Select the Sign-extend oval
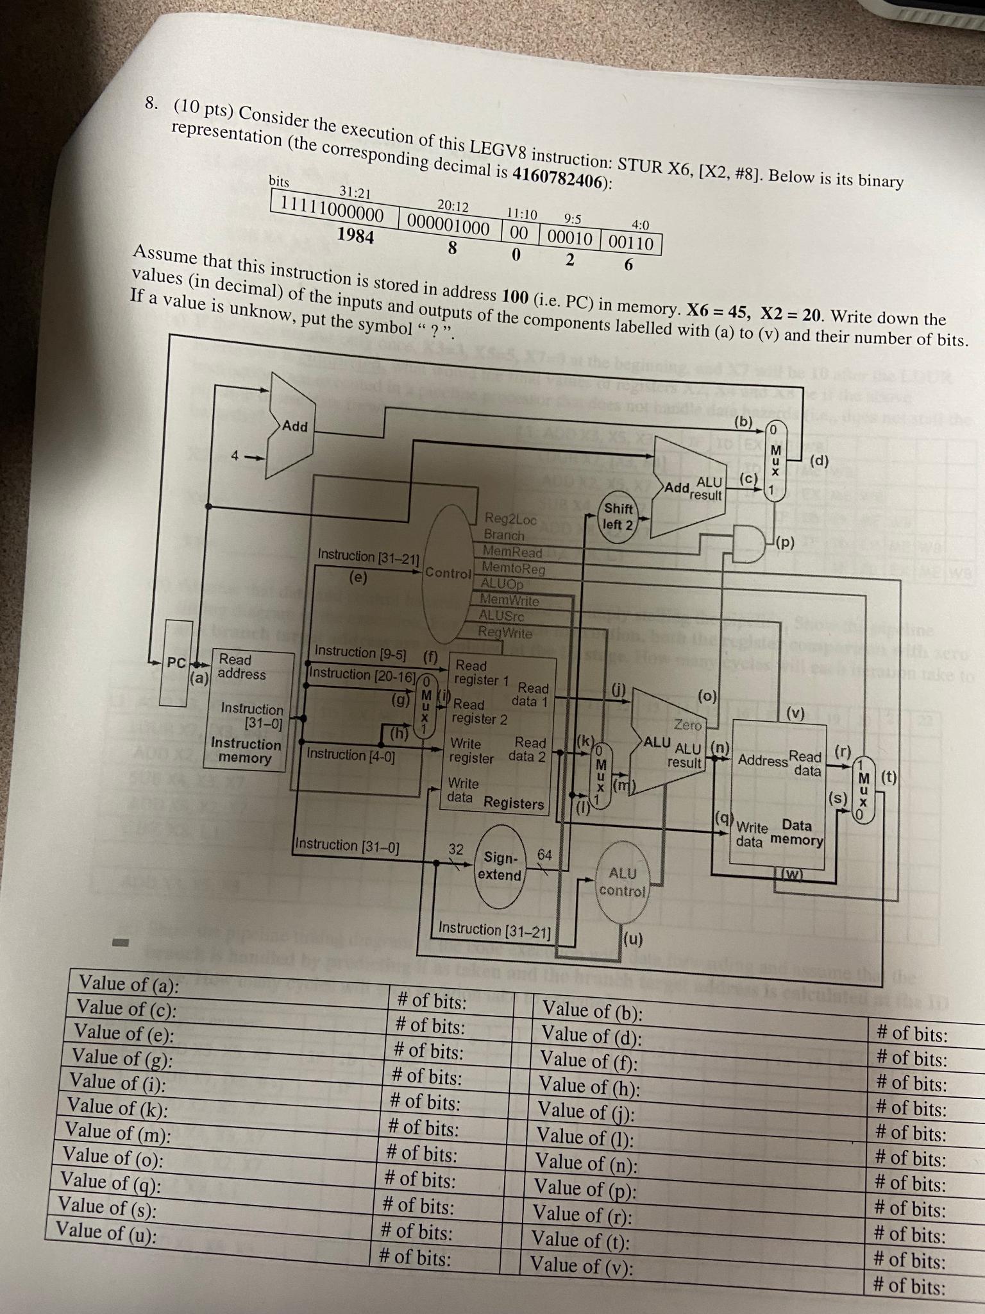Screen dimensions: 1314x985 pos(501,866)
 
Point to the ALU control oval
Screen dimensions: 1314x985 pos(623,882)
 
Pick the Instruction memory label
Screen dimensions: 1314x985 pos(246,751)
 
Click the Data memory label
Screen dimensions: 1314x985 pos(797,833)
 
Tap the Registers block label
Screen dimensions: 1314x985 pos(513,803)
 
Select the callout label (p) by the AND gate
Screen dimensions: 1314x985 pos(785,543)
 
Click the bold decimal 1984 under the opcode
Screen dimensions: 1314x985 pos(355,236)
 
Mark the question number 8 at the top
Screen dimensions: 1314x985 pos(151,103)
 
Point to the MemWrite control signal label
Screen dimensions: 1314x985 pos(510,601)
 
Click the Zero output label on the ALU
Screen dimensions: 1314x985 pos(688,724)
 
